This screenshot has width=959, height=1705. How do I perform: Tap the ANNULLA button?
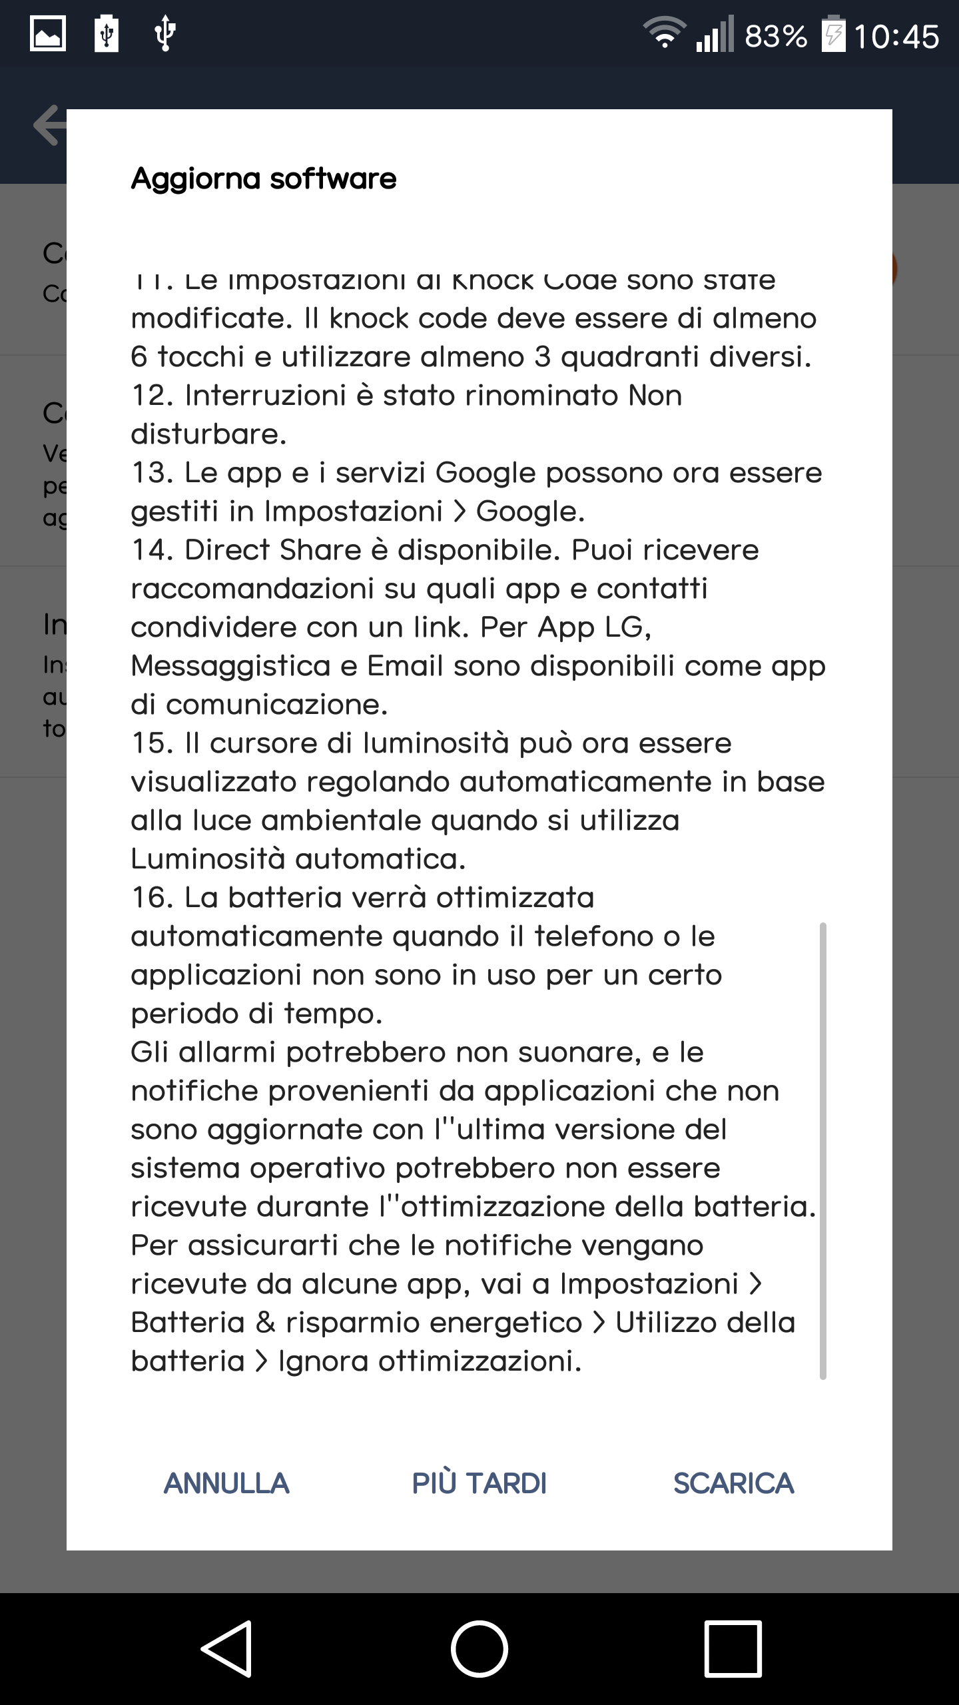[226, 1484]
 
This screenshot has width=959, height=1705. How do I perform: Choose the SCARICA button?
[733, 1484]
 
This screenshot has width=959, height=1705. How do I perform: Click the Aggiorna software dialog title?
[264, 178]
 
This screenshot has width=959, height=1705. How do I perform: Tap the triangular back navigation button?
[226, 1648]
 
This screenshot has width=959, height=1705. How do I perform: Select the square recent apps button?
[733, 1648]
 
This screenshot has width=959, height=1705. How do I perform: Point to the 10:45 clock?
[896, 36]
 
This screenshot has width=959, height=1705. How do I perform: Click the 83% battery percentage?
[776, 36]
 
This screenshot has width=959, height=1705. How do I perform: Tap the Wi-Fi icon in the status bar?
[663, 33]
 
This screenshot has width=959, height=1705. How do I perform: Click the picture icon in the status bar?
[48, 33]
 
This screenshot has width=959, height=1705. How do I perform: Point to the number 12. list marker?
[153, 396]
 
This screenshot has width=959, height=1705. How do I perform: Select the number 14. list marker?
[153, 550]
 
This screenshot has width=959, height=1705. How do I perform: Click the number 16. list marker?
[153, 898]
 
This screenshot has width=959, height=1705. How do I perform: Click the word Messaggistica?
[230, 666]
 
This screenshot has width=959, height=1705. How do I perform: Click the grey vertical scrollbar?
[823, 1146]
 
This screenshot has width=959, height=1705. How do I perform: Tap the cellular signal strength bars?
[714, 35]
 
